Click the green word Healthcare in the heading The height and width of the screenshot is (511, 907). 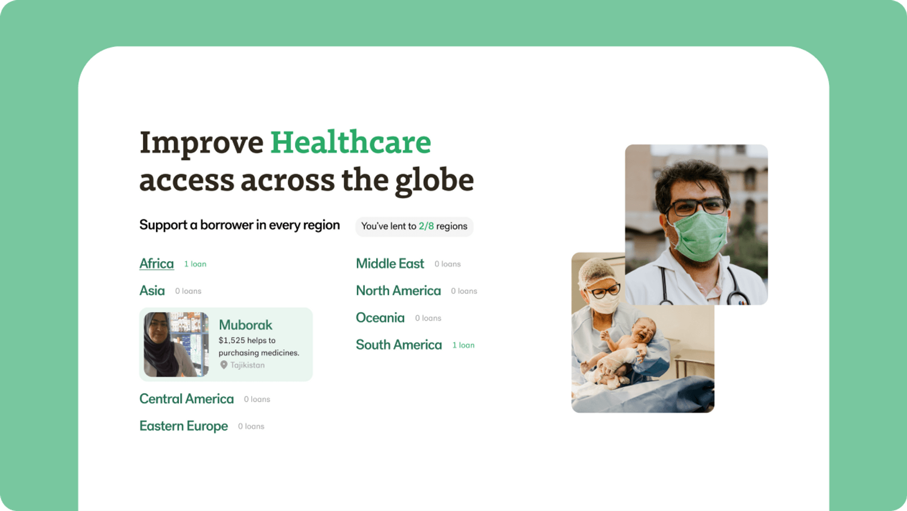tap(351, 142)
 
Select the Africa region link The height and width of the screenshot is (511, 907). tap(156, 264)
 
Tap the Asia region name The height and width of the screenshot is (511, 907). tap(152, 290)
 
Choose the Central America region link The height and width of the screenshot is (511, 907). tap(187, 399)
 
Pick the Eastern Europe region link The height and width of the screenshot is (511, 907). tap(184, 426)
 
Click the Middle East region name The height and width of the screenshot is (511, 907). tap(390, 264)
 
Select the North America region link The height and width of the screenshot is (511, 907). tap(398, 290)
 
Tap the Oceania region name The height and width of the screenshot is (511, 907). tap(380, 318)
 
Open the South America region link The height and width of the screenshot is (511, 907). tap(399, 345)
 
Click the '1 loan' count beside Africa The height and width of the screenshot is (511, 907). tap(195, 264)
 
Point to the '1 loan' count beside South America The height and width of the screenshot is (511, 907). tap(463, 345)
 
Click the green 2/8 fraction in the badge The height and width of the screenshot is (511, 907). tap(426, 226)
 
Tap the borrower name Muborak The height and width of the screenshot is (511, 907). tap(246, 325)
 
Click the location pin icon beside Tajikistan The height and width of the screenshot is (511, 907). tap(224, 365)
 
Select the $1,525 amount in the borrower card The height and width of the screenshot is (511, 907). tap(232, 341)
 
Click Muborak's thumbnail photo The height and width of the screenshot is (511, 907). tap(176, 344)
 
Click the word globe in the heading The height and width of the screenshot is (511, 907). tap(435, 181)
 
